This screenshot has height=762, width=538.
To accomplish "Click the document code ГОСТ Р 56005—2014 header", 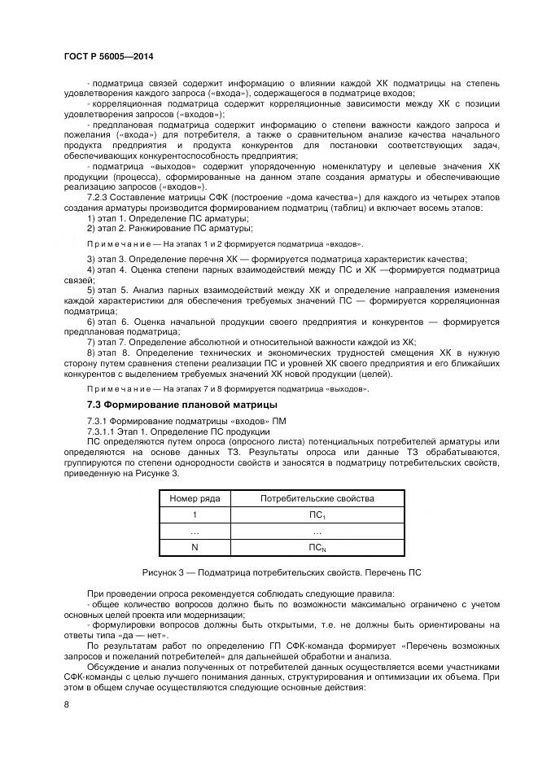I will click(108, 55).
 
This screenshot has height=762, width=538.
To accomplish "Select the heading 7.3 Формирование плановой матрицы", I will click(182, 405).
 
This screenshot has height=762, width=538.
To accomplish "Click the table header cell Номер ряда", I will click(194, 498).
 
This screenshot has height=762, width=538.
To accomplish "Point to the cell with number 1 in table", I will click(194, 515).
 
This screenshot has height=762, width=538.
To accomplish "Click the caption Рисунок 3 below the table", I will click(281, 573).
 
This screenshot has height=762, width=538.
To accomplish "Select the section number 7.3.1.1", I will click(103, 431).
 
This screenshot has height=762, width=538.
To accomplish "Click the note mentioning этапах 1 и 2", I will click(225, 244).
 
